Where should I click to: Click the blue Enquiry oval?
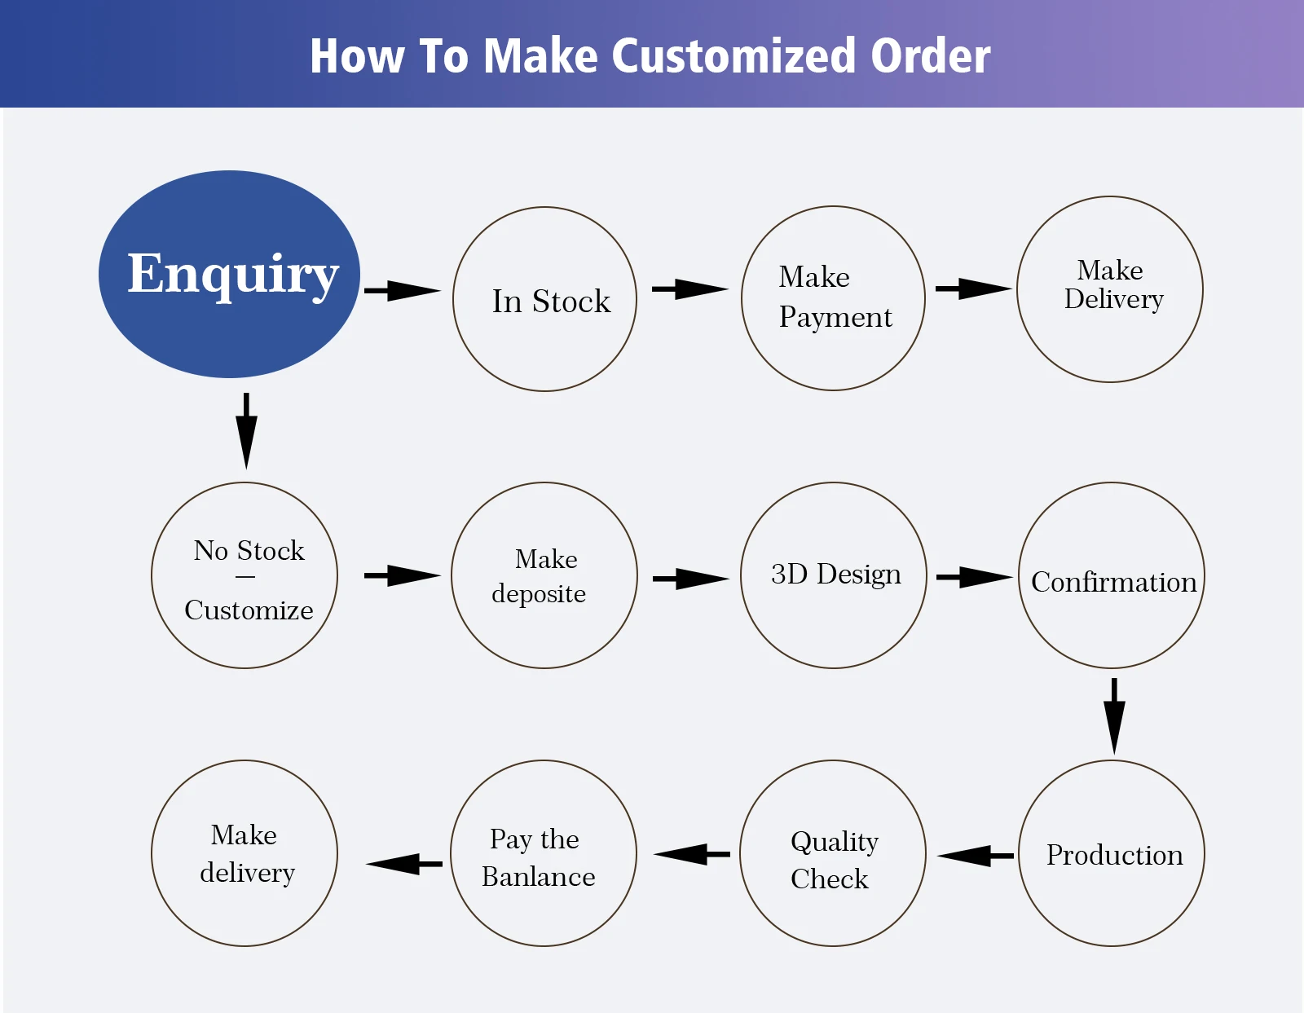229,274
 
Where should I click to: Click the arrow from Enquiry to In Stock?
403,291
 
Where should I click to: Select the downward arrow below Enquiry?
246,430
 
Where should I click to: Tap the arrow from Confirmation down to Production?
1114,716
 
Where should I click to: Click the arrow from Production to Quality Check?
976,856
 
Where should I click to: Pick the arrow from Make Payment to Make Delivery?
974,288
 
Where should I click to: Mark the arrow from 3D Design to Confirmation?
975,578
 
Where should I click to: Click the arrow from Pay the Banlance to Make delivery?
404,864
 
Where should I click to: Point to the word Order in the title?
931,55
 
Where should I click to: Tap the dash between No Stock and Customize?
245,577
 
